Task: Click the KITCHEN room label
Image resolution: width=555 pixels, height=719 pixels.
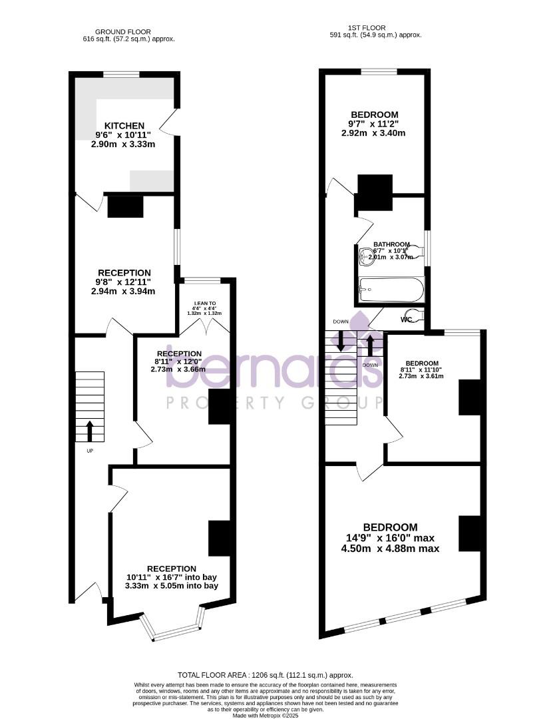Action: [124, 126]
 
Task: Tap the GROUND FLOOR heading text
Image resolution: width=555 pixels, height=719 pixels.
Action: [123, 31]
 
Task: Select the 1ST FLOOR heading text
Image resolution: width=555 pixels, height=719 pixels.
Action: [377, 27]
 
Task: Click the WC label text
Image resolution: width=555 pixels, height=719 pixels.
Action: [407, 320]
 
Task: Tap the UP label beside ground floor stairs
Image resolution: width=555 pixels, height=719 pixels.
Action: [90, 451]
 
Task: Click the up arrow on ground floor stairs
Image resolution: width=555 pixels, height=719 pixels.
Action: [90, 431]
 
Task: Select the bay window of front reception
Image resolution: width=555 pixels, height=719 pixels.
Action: [174, 630]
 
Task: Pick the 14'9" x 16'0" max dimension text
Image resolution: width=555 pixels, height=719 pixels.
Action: [390, 538]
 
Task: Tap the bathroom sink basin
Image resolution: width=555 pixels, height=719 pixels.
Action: [365, 254]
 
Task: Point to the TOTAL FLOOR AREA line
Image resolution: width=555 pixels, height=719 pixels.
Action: [266, 675]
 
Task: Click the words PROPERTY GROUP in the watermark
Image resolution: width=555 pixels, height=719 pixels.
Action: [274, 403]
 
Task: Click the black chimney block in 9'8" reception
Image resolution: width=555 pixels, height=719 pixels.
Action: [125, 206]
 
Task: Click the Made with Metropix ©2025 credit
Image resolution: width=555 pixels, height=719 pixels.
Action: [265, 715]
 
